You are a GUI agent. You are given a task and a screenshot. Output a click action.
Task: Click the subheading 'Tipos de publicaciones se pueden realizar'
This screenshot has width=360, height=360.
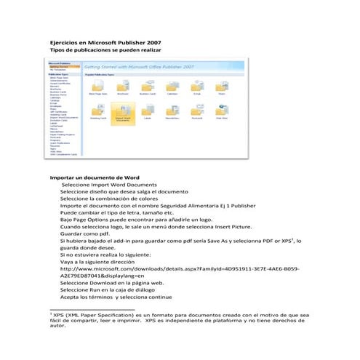point(103,49)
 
